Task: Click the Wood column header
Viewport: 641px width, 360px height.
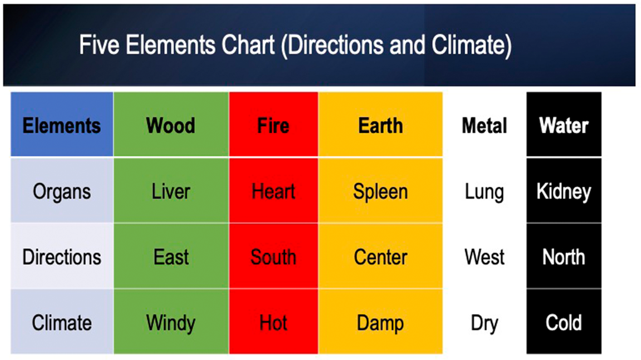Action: coord(171,125)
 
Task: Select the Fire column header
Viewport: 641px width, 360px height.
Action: coord(273,125)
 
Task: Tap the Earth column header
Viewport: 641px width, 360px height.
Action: coord(380,125)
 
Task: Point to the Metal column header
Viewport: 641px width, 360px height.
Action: coord(484,125)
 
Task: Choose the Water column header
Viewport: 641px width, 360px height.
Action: coord(564,125)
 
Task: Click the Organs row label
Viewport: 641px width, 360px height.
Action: coord(62,190)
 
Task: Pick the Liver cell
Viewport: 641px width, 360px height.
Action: coord(171,190)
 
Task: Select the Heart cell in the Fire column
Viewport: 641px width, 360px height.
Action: coord(273,190)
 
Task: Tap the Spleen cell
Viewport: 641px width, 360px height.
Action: coord(380,190)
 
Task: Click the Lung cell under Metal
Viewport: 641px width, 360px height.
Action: coord(484,190)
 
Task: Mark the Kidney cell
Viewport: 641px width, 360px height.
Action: coord(564,190)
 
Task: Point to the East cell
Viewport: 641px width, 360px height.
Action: coord(171,256)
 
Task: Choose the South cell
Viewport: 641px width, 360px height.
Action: coord(273,256)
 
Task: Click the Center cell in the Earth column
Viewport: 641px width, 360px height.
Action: coord(380,256)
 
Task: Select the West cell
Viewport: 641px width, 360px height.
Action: coord(484,256)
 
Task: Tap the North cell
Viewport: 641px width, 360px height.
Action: coord(564,256)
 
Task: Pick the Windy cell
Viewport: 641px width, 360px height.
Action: coord(171,321)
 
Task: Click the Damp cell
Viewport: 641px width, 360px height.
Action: coord(380,321)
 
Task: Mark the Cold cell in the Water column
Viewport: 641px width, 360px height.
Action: coord(564,321)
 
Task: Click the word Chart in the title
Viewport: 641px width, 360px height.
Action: coord(248,45)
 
